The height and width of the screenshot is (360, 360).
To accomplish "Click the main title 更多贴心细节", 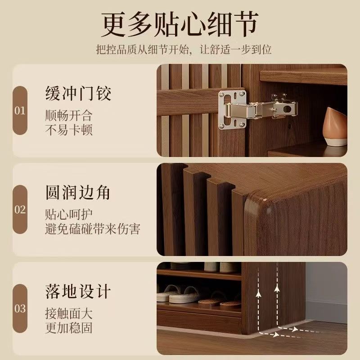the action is pos(180,24).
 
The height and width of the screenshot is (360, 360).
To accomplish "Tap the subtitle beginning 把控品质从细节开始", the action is pos(184,49).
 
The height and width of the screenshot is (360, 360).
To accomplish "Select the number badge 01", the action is pos(20,110).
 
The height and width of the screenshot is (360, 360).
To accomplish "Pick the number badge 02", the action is pos(20,209).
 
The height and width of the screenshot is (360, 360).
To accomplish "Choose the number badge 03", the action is pos(20,308).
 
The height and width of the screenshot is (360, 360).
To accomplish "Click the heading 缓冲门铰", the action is pos(78,93).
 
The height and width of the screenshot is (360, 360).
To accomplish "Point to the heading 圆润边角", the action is pos(78,193).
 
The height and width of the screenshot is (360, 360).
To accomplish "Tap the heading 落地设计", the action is pos(78,291).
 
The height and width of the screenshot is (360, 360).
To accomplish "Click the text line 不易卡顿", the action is pos(69,130).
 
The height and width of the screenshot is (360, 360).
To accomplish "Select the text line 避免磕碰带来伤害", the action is pos(93,229).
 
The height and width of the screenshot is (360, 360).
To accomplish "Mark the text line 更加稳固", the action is pos(69,328).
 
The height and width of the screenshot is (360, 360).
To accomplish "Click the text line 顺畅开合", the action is pos(69,116).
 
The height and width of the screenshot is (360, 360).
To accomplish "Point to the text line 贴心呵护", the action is pos(69,215).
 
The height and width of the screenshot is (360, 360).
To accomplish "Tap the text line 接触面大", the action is pos(69,313).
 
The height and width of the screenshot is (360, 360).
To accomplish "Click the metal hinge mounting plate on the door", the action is pos(232,110).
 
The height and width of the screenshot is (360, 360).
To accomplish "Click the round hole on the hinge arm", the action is pos(286,108).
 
